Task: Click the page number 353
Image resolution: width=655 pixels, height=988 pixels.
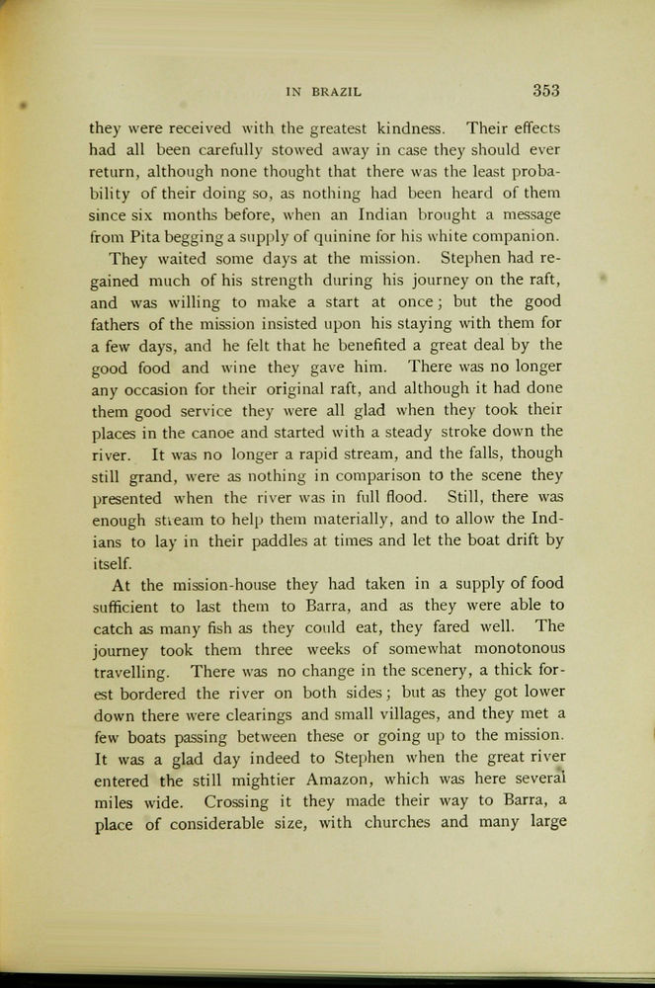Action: (546, 90)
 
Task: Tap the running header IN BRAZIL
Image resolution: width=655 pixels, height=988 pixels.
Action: (323, 92)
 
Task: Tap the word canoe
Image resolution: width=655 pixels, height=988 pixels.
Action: (224, 431)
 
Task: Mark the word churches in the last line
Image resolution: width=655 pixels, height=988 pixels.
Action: (397, 822)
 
